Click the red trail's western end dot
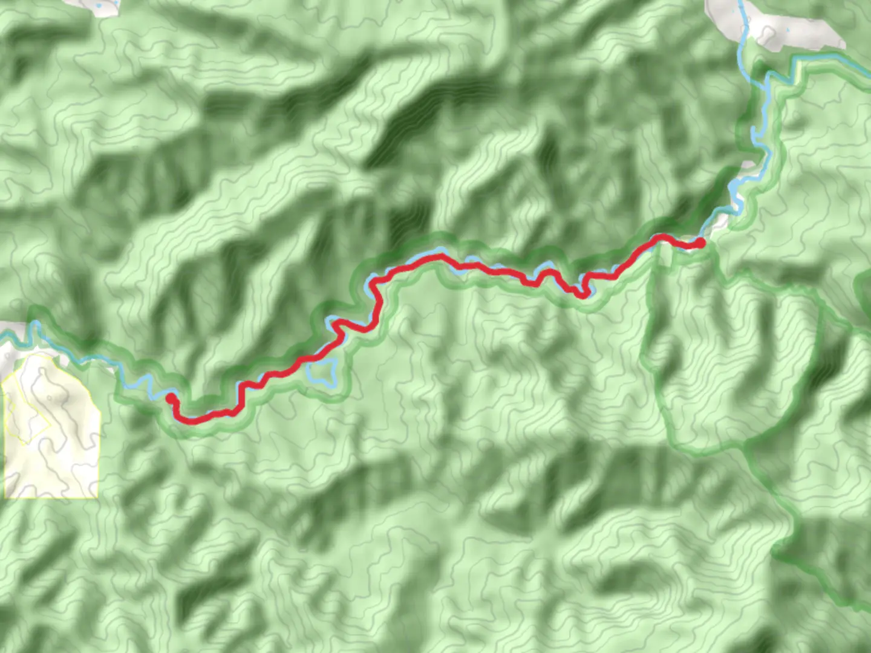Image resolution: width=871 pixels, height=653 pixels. click(x=171, y=398)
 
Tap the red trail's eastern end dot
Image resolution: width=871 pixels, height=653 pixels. click(x=700, y=242)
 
